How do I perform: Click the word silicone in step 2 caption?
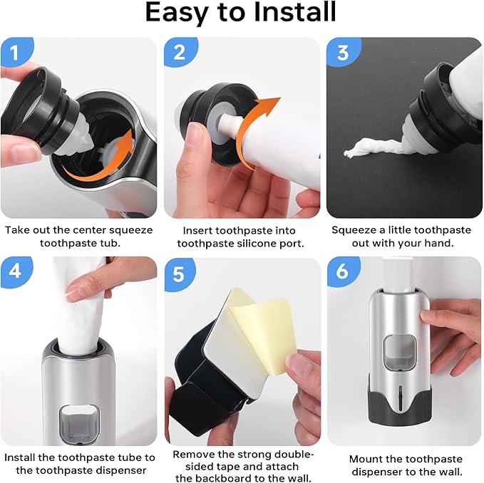pyautogui.click(x=265, y=243)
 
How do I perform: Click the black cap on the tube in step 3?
pyautogui.click(x=435, y=96)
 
